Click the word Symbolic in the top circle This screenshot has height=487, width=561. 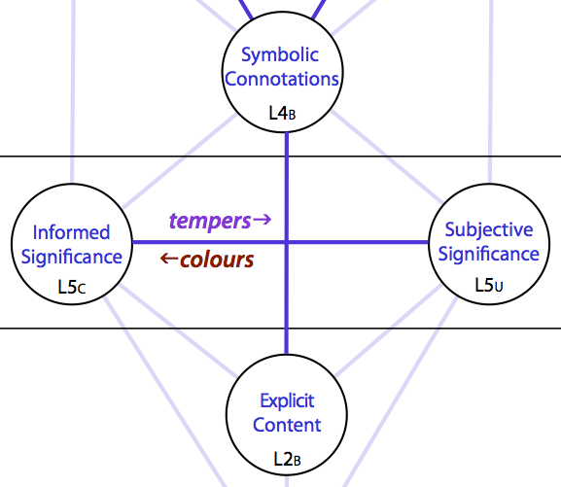[x=280, y=55]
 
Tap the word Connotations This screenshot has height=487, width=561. [x=282, y=79]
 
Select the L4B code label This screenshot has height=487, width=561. [x=282, y=114]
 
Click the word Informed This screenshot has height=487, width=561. [x=71, y=232]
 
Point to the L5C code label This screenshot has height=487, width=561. [x=72, y=287]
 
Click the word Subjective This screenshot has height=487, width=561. [x=489, y=230]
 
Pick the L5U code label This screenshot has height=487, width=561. [x=489, y=285]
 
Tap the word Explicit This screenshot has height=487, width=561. [x=287, y=400]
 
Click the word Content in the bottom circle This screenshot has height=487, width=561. [x=287, y=425]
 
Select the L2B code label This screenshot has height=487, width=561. [x=287, y=459]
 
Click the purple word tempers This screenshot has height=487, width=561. [x=210, y=221]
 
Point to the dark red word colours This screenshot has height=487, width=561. [x=217, y=260]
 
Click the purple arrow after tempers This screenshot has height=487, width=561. [x=263, y=220]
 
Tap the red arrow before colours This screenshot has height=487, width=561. [x=169, y=258]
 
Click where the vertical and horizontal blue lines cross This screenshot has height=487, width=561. [x=287, y=242]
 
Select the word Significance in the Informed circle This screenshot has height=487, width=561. [x=72, y=258]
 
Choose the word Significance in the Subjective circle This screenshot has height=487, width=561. [x=489, y=255]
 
